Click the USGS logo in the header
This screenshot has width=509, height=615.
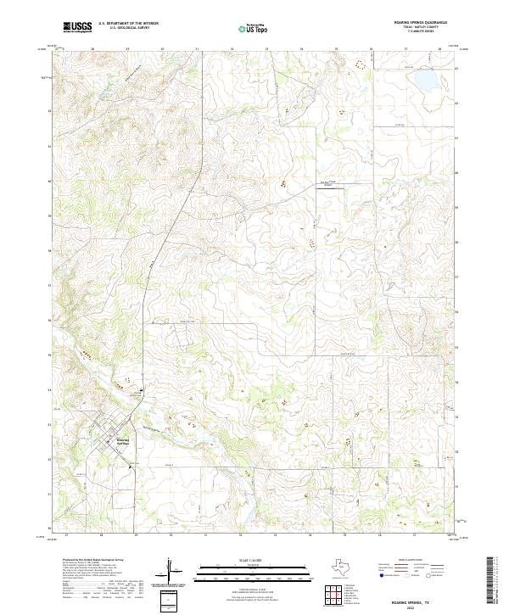pos(77,28)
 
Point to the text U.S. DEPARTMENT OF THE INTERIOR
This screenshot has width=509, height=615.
pos(128,25)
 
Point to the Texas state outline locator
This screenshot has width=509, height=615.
pos(348,567)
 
